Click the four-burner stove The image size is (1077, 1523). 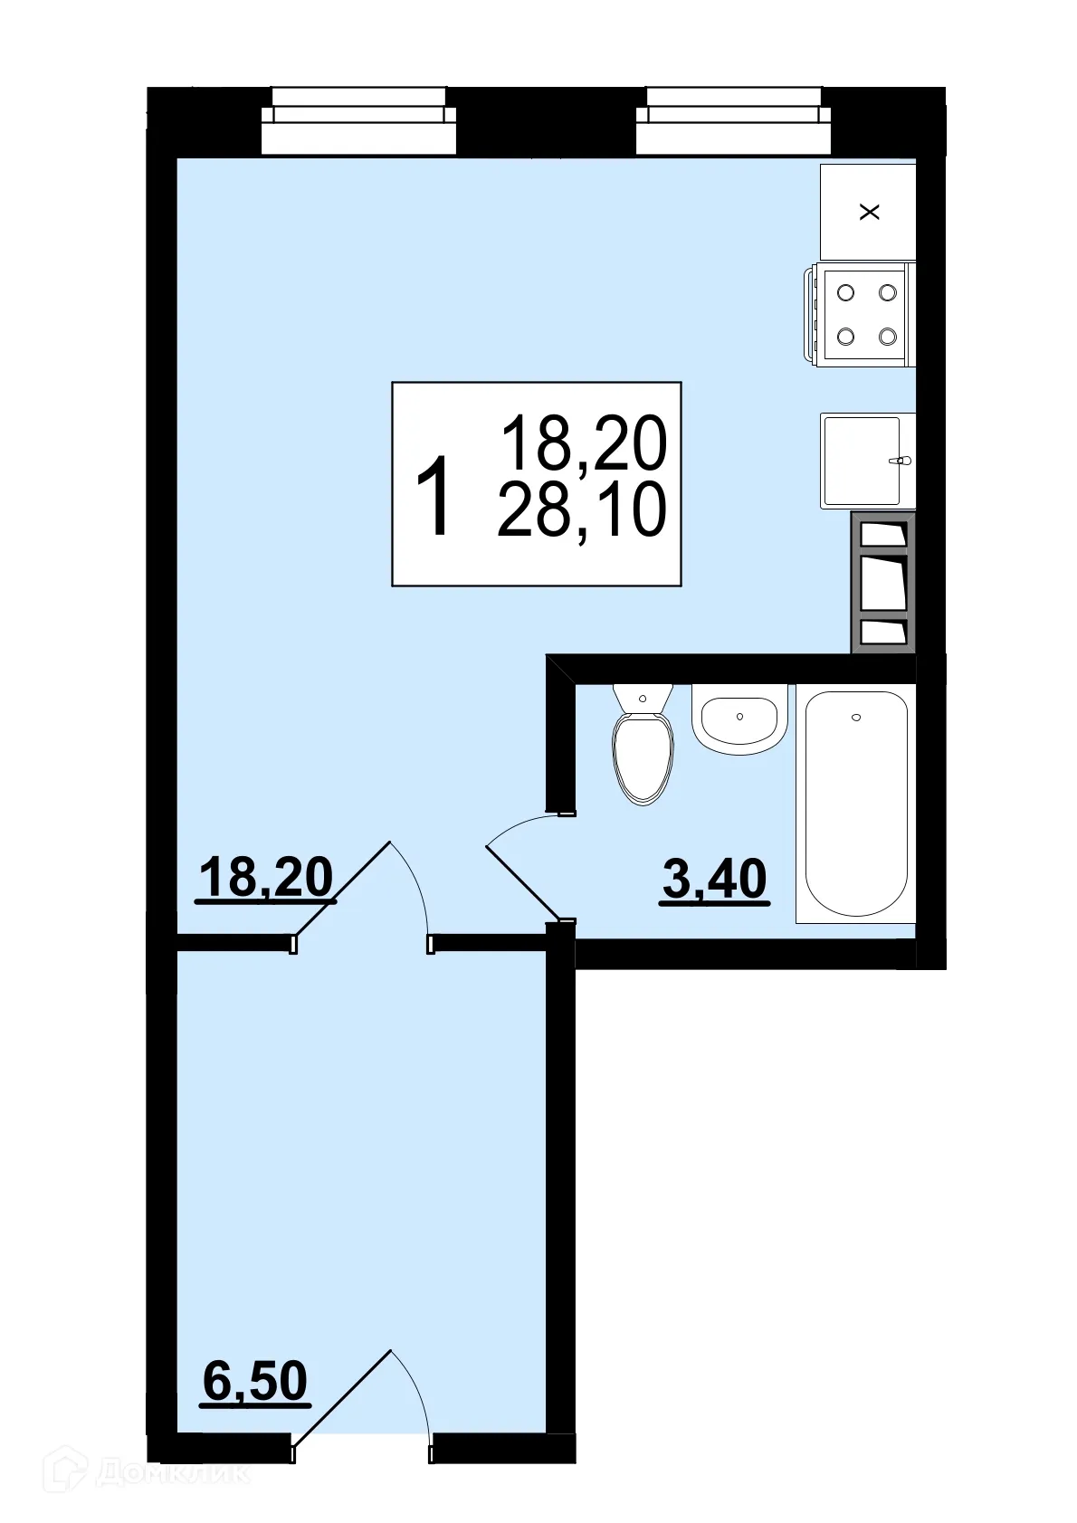[x=865, y=314]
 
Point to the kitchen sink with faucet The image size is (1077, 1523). [x=864, y=461]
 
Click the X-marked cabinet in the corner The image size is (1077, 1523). [x=868, y=212]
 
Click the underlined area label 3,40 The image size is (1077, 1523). [x=714, y=878]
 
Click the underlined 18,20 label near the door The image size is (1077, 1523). [x=266, y=877]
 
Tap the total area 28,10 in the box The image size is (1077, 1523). [x=582, y=509]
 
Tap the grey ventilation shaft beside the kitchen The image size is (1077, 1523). [x=882, y=582]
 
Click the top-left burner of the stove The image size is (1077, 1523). [x=846, y=292]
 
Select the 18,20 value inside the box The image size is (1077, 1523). [x=584, y=443]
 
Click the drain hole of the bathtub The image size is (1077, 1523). [x=856, y=718]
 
